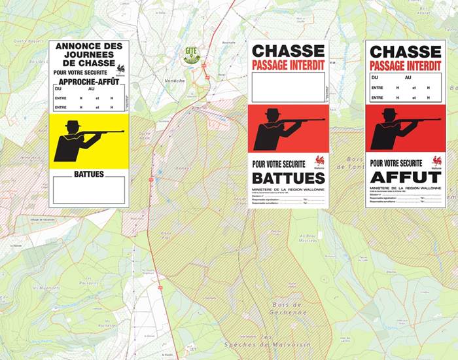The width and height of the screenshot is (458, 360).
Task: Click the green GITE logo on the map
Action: (192, 55)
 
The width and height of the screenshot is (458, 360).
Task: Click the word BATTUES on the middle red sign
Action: (288, 177)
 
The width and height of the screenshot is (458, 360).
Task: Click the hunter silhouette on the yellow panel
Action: (72, 141)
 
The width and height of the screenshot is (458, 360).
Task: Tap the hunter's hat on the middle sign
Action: (272, 113)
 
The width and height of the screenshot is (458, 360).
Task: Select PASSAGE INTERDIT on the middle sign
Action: (288, 65)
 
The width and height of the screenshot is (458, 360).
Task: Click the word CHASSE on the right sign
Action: (405, 50)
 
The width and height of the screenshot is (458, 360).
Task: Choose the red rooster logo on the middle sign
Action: (319, 161)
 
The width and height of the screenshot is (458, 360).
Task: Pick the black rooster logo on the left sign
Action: (120, 67)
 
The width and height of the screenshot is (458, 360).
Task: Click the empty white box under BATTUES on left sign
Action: (88, 190)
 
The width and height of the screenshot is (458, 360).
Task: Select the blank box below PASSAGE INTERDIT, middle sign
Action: (288, 87)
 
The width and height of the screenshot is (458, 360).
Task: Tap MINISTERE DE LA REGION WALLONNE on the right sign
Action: (405, 188)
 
